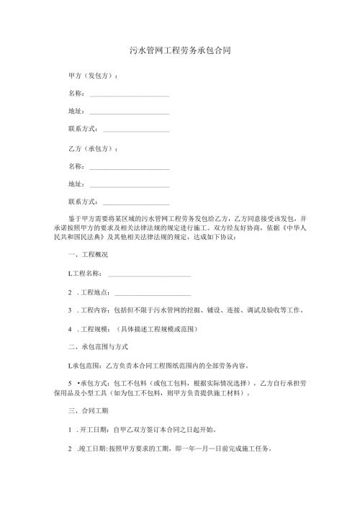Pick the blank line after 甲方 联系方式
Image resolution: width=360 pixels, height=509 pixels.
(136, 130)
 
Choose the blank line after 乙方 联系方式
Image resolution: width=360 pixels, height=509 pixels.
(136, 203)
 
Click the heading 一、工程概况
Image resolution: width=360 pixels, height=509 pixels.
(87, 256)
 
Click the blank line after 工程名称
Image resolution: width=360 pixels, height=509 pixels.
(149, 274)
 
